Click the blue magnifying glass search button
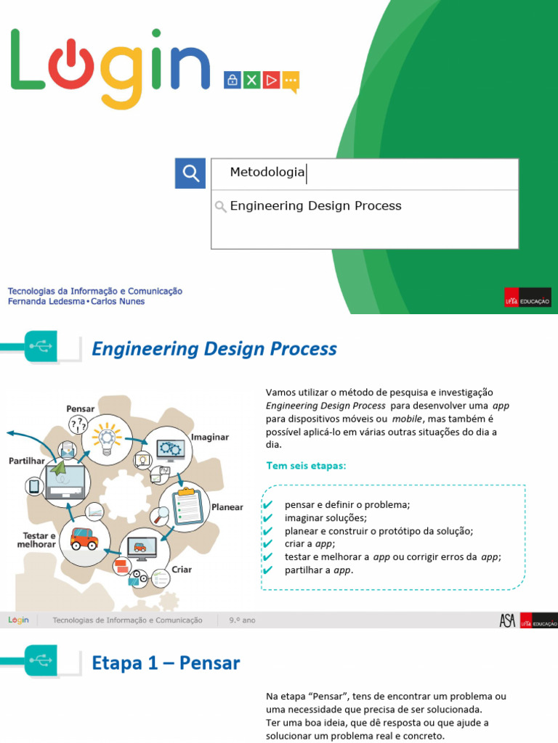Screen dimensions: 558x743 tap(190, 173)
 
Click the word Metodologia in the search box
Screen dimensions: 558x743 tap(267, 172)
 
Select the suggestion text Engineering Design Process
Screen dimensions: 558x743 tap(315, 206)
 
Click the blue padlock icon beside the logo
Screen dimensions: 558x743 tap(232, 80)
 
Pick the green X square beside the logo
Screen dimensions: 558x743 tap(251, 80)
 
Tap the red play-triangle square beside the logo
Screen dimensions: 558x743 tap(271, 80)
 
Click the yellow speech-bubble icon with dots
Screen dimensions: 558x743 tap(291, 81)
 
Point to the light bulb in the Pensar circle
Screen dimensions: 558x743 tap(107, 438)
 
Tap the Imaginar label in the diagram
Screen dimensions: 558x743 tap(209, 438)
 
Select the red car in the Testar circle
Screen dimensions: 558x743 tap(84, 538)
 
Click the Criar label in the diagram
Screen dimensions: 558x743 tap(182, 570)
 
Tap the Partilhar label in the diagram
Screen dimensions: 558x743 tap(26, 461)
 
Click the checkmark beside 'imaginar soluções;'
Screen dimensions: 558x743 tap(267, 518)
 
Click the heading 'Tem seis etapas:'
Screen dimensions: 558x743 tap(306, 466)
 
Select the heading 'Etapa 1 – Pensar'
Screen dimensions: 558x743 tap(166, 662)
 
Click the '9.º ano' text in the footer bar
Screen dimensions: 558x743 tap(242, 620)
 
